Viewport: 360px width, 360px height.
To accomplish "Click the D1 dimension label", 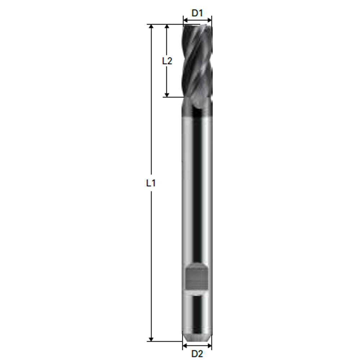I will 197,13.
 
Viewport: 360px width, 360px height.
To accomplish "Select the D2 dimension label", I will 197,354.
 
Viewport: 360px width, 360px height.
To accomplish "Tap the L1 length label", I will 151,183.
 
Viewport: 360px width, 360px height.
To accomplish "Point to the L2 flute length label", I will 167,61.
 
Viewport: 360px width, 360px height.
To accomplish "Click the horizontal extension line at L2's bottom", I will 173,97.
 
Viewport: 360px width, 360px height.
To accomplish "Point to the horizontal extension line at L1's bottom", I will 166,341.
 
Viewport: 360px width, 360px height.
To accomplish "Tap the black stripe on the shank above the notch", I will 197,187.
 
